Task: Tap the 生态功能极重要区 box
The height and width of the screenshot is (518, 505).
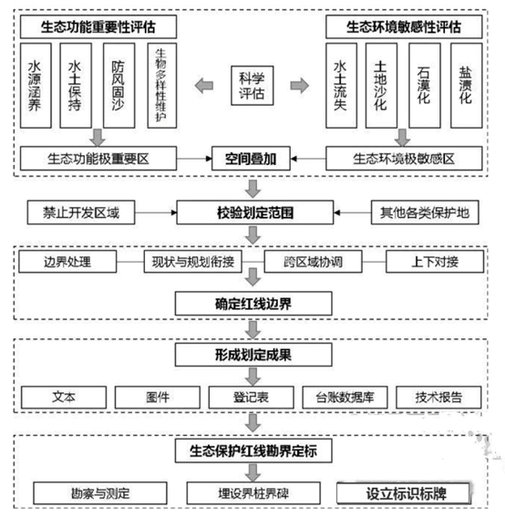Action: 98,159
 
